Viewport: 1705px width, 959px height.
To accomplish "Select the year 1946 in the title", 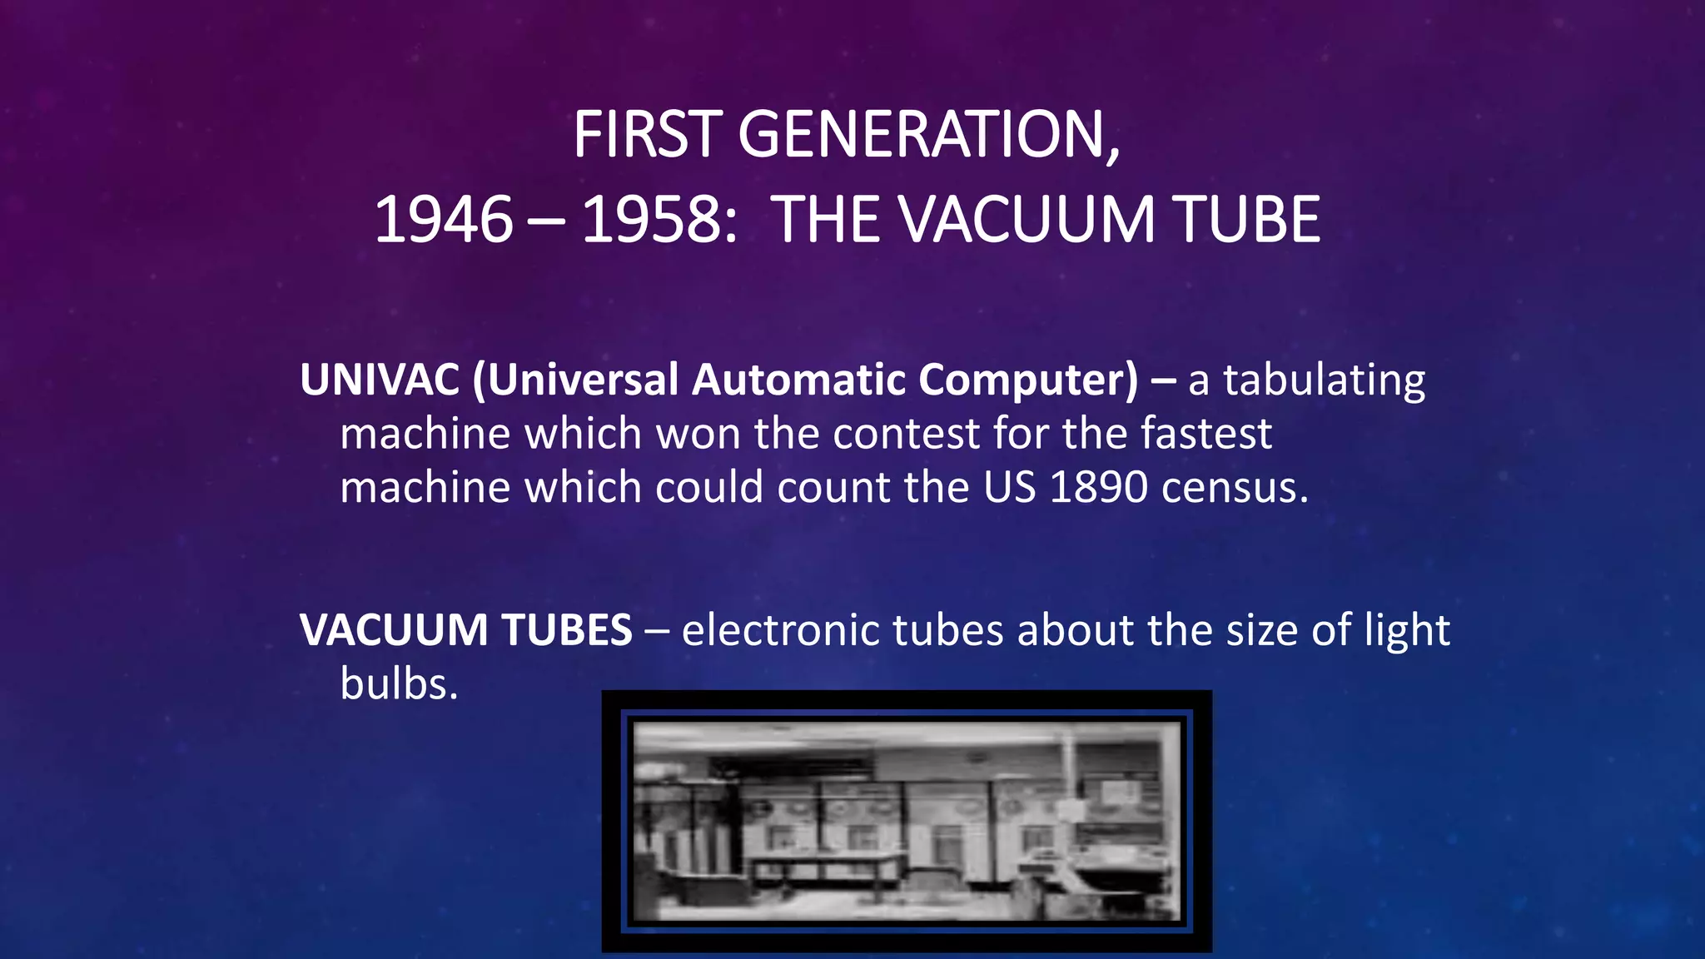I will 444,220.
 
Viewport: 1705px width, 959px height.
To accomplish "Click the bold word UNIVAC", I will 380,380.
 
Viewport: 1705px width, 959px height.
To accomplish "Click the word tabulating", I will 1324,381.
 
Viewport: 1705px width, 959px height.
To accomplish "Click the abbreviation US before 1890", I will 1009,487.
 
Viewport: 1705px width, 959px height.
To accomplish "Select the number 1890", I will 1099,487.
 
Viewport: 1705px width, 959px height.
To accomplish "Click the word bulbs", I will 398,683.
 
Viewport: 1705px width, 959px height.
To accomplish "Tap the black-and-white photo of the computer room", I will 907,821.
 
